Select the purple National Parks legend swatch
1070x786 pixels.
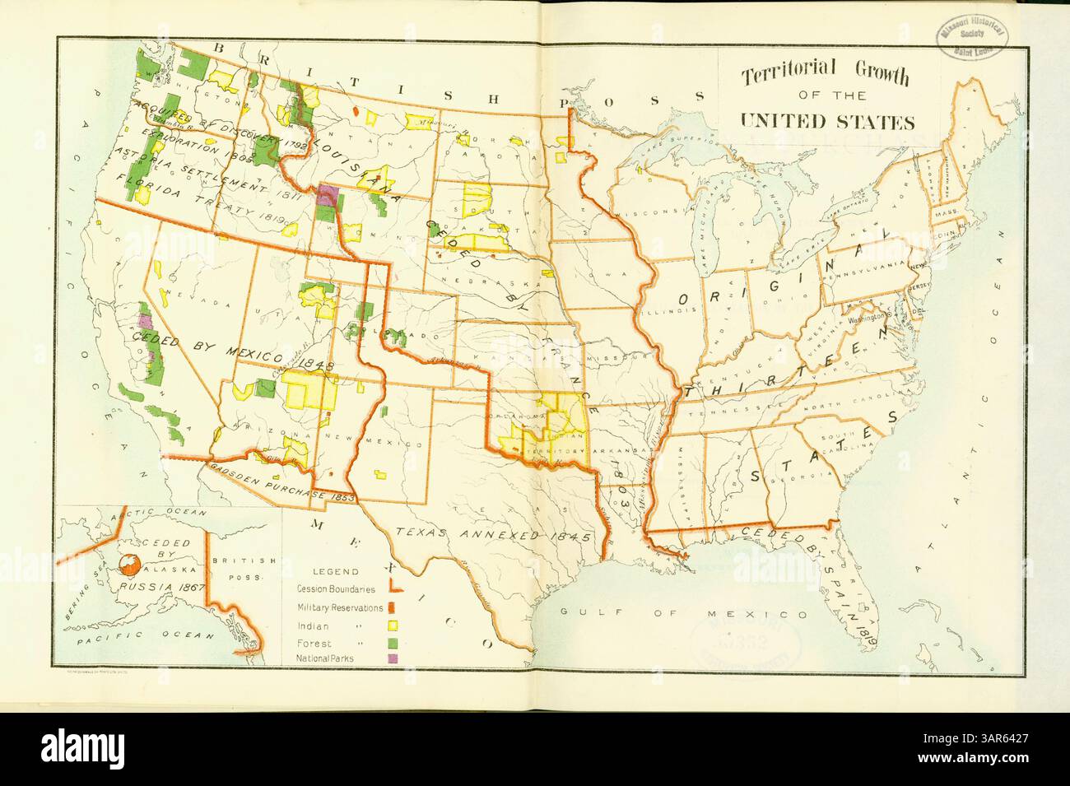tap(393, 659)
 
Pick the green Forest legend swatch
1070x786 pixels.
tap(393, 642)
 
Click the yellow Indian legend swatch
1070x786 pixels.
tap(393, 625)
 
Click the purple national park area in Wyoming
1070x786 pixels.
tap(328, 195)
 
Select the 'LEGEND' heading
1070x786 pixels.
tap(334, 570)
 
